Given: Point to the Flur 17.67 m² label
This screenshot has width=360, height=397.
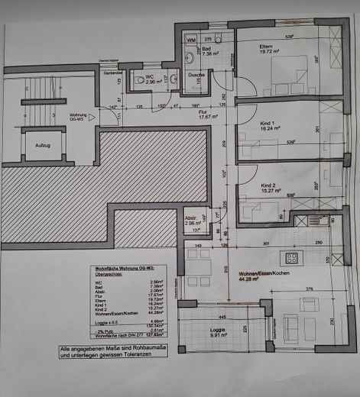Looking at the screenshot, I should click(209, 115).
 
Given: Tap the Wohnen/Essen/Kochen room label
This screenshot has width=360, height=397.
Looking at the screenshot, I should click(252, 276).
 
